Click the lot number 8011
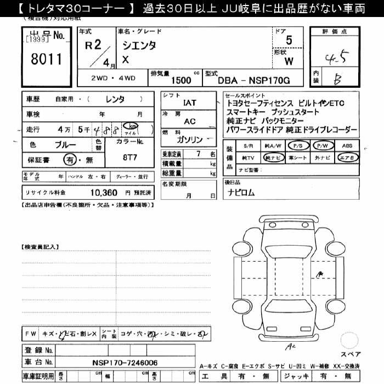tap(47, 59)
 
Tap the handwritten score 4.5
tap(335, 56)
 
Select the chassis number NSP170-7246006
tap(125, 363)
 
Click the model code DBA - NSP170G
tap(253, 81)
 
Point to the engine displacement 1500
tap(181, 81)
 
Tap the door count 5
tap(289, 40)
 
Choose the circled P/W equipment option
tap(322, 146)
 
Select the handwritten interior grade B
tap(337, 78)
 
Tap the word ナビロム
tap(242, 193)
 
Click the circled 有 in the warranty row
tap(70, 160)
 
